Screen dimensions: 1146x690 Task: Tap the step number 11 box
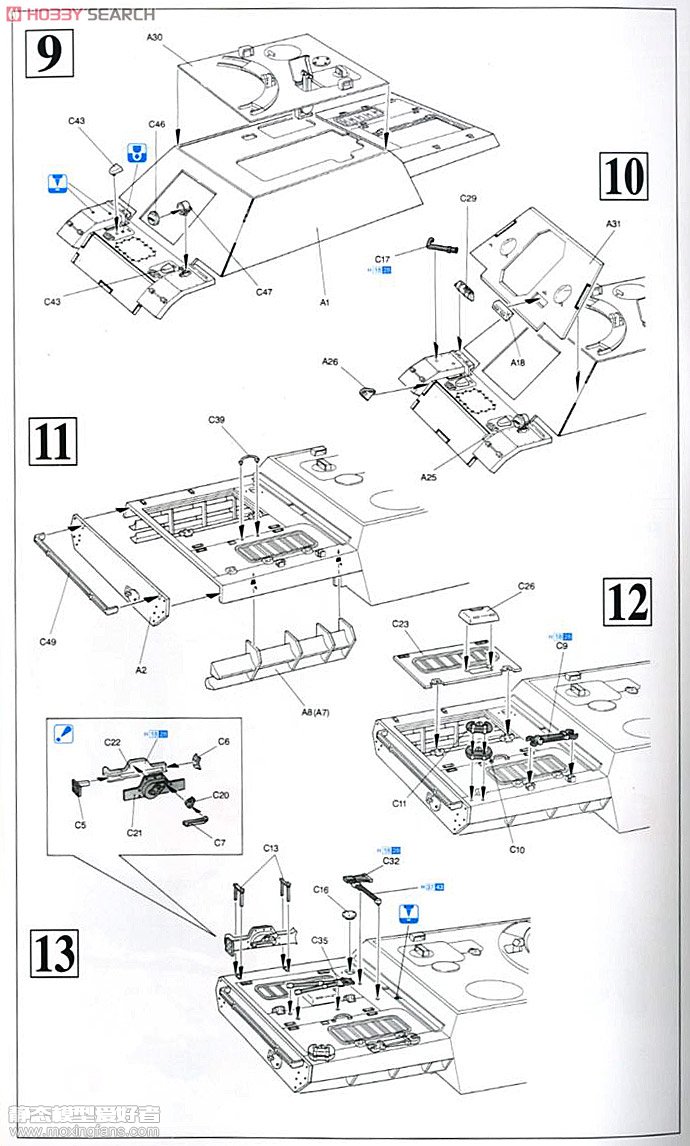pos(53,441)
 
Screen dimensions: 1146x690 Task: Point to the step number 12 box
pos(625,601)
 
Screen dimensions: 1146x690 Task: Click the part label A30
pos(154,38)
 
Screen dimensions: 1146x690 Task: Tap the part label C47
pos(264,292)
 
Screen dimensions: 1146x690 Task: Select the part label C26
pos(526,586)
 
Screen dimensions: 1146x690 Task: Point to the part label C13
pos(271,848)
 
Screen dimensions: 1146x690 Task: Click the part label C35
pos(319,941)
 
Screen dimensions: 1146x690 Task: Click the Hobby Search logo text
pos(85,14)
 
